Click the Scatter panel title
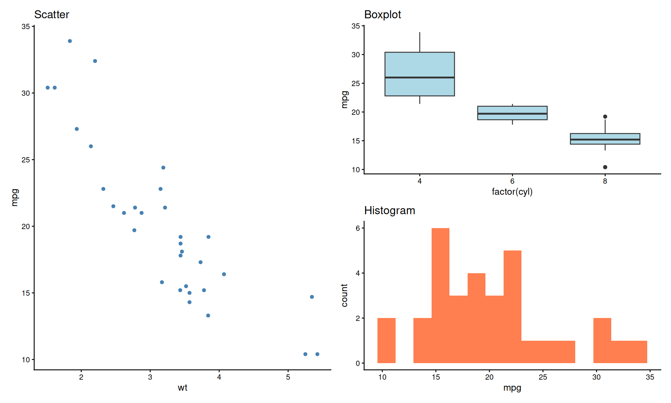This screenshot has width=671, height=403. pos(52,15)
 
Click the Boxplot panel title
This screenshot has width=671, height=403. pos(382,15)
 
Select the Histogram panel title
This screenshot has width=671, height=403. pos(389,211)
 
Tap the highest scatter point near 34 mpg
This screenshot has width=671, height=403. pos(70,41)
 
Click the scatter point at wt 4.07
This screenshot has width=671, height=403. pos(224,274)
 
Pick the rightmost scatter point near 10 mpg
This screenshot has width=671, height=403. pos(317,354)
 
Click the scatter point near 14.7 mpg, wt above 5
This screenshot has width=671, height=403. pos(312,297)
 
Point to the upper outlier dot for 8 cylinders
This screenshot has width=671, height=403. pos(605,116)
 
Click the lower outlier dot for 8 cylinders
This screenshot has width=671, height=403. pos(605,167)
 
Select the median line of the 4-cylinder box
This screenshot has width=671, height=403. pos(419,77)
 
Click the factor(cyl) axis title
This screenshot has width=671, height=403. pos(512,192)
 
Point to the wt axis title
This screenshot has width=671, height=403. pos(182,388)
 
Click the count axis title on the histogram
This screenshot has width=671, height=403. pos(345,295)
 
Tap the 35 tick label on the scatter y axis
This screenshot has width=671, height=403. pos(26,27)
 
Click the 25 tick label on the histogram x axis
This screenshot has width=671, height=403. pos(543,377)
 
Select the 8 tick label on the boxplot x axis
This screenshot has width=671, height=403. pos(605,181)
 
